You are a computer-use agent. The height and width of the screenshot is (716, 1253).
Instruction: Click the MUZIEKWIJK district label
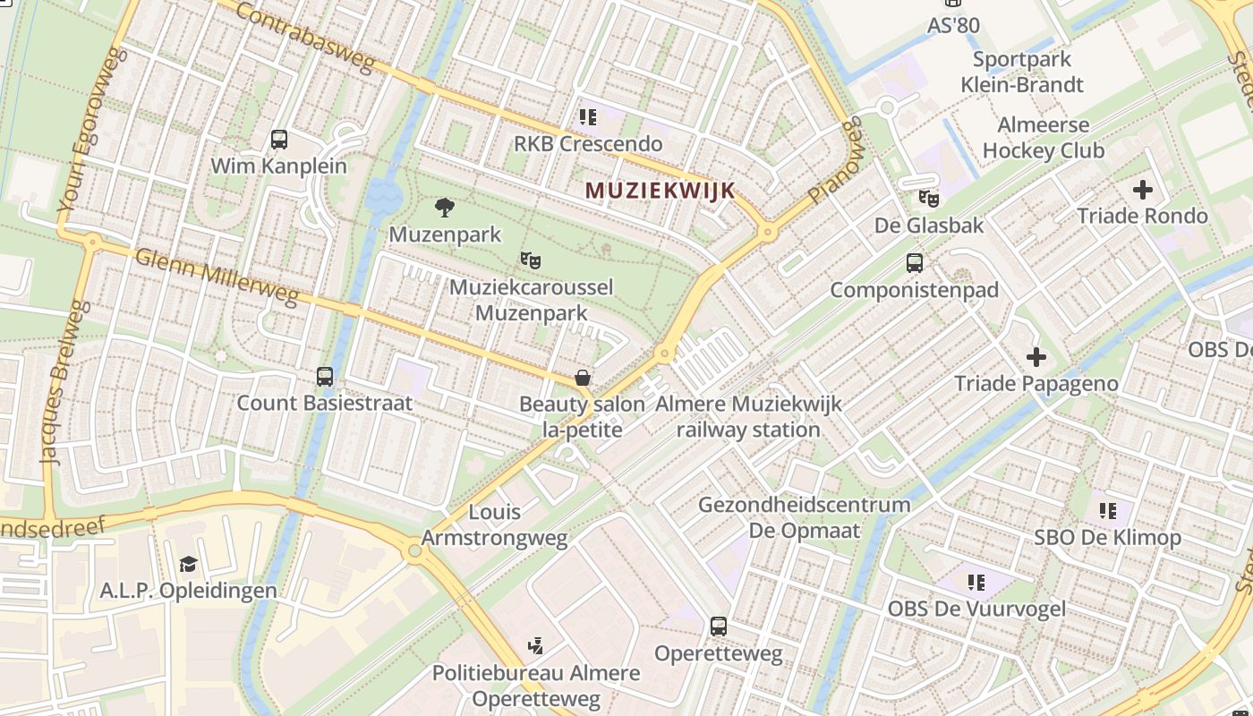[x=660, y=190]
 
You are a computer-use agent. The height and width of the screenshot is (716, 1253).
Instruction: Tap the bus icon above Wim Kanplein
[x=279, y=140]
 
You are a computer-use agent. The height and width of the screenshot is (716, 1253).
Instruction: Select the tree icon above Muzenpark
[x=444, y=209]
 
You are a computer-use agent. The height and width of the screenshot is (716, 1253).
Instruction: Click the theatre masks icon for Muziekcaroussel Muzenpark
[x=531, y=260]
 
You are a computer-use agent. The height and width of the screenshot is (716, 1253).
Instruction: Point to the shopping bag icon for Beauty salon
[x=582, y=378]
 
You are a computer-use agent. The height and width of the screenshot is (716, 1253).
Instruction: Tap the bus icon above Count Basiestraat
[x=325, y=377]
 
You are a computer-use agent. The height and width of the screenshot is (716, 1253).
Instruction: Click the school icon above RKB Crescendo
[x=587, y=117]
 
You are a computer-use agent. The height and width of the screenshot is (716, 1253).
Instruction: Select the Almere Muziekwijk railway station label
[x=748, y=416]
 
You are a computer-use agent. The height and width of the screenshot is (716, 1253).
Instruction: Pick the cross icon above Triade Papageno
[x=1036, y=358]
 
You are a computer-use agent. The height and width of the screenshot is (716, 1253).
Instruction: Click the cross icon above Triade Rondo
[x=1142, y=190]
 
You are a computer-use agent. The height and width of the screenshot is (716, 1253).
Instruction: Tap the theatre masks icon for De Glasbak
[x=929, y=198]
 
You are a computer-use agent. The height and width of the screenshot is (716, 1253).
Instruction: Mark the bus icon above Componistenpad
[x=914, y=263]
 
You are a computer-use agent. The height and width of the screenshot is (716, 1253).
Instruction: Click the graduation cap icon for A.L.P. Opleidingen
[x=188, y=565]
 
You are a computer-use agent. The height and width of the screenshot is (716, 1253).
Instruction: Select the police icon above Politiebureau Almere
[x=535, y=645]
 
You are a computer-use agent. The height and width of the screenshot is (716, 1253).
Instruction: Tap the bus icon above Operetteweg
[x=719, y=626]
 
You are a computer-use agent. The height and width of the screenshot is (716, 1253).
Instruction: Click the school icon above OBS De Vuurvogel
[x=976, y=583]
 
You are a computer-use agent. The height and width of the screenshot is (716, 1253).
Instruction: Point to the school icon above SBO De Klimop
[x=1107, y=511]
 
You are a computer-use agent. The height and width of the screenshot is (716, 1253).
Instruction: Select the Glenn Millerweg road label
[x=216, y=277]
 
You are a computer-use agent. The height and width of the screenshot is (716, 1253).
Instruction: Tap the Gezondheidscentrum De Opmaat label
[x=804, y=517]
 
